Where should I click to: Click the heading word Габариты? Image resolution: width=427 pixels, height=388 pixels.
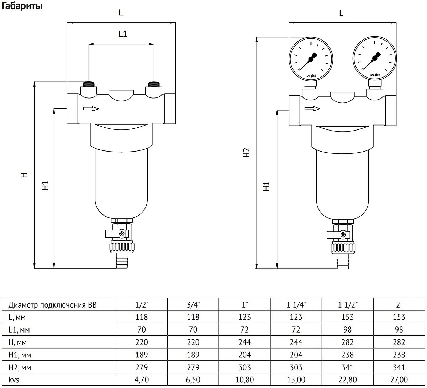(22, 6)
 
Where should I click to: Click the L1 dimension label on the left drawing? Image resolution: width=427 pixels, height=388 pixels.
(123, 34)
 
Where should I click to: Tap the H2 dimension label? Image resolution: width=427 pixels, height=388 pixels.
(246, 153)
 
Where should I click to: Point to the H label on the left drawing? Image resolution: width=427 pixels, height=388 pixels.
(24, 175)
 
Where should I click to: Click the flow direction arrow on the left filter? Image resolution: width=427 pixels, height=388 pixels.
(91, 109)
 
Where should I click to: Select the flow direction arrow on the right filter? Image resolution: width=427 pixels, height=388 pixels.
(312, 109)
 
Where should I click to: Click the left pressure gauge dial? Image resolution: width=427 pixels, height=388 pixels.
(311, 59)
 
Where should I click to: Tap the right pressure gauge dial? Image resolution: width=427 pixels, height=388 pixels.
(375, 58)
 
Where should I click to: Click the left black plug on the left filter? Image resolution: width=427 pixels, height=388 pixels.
(89, 84)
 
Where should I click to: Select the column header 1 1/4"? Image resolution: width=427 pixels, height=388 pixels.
(296, 305)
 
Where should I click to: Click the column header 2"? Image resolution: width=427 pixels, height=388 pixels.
(399, 305)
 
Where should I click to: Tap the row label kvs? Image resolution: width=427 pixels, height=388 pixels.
(14, 380)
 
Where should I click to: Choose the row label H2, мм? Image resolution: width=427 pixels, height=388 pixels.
(20, 367)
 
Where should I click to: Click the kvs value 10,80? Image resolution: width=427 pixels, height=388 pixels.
(244, 380)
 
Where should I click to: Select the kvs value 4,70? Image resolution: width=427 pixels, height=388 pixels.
(142, 380)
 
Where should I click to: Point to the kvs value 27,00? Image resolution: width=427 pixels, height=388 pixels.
(399, 380)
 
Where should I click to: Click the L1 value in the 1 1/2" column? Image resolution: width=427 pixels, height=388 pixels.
(348, 330)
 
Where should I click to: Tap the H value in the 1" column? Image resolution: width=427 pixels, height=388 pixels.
(244, 342)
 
